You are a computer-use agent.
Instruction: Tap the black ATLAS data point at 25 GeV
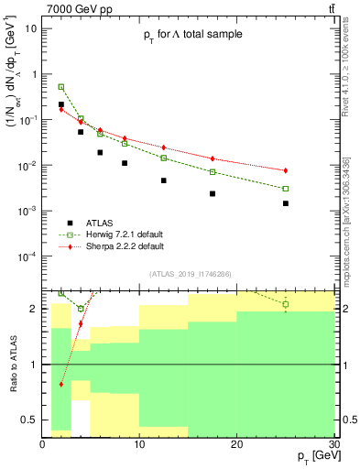click(x=286, y=203)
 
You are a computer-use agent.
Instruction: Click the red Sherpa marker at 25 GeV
click(x=286, y=170)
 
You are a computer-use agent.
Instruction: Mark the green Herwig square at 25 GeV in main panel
click(x=286, y=189)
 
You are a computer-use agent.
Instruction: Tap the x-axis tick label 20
click(x=237, y=445)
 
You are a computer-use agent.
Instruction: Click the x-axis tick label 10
click(x=139, y=445)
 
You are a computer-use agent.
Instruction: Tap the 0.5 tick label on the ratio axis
click(x=30, y=420)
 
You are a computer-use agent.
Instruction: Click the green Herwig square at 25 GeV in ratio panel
click(x=286, y=304)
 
